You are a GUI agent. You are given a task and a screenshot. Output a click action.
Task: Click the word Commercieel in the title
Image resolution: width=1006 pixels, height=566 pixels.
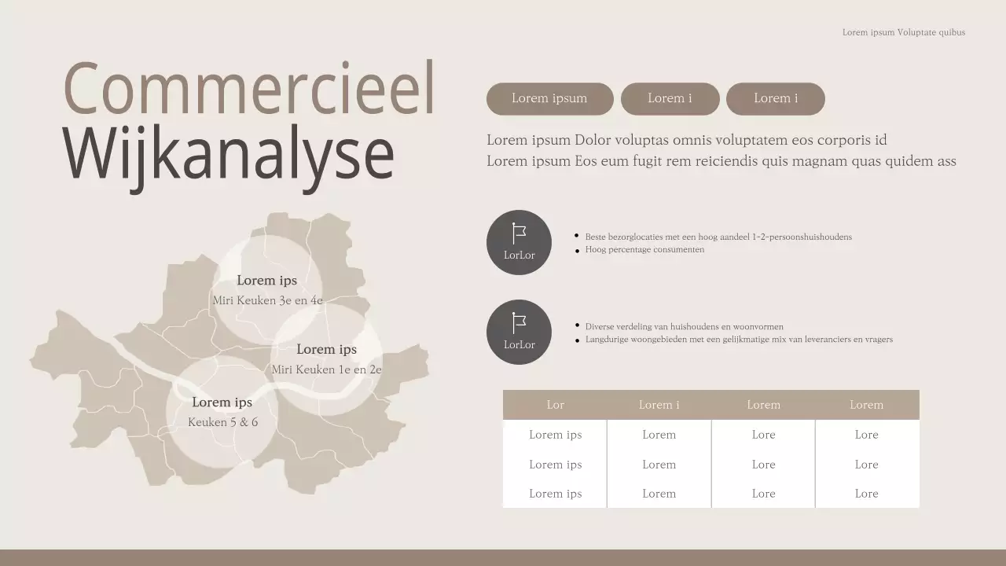point(248,88)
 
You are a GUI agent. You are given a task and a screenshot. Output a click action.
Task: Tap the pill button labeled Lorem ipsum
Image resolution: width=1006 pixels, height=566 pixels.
point(549,99)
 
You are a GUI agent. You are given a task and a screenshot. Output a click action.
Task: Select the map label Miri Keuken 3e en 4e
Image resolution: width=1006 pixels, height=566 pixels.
point(267,300)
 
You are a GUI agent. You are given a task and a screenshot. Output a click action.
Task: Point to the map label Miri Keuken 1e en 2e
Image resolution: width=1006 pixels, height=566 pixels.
point(327,369)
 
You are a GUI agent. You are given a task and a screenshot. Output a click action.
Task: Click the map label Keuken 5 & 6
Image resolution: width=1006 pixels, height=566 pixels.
point(222,422)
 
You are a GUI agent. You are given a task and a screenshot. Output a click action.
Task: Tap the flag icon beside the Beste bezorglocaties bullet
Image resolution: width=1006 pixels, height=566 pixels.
point(519,233)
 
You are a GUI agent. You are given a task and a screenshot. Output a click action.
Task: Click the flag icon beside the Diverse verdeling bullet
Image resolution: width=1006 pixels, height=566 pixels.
point(519,322)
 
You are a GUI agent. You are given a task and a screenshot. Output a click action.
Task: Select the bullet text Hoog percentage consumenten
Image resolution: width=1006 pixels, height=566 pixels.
point(644,250)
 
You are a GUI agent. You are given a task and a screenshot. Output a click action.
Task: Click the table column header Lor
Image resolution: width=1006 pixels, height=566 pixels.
point(555,405)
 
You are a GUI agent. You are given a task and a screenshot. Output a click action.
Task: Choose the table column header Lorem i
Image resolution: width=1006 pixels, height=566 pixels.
point(659,405)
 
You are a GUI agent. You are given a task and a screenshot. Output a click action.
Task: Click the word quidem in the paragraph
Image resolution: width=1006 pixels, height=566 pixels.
point(909,161)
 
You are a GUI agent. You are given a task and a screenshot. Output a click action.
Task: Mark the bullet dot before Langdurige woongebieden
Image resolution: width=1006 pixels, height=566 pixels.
point(578,340)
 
